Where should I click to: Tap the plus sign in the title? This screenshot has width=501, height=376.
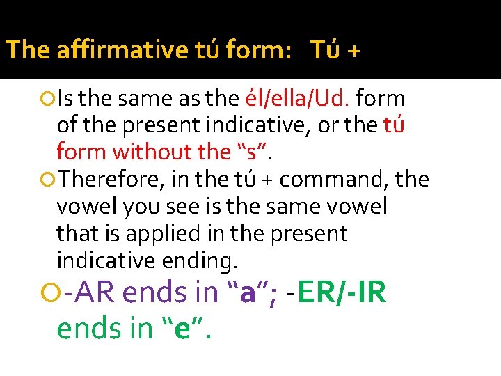pyautogui.click(x=353, y=50)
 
